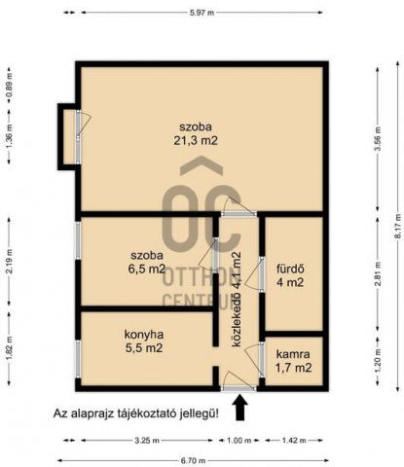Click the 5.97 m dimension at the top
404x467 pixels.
coord(201,11)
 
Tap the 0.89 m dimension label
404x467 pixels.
coord(9,86)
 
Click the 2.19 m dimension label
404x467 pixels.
coord(9,263)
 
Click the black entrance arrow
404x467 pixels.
coord(241,407)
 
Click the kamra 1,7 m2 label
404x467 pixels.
coord(293,361)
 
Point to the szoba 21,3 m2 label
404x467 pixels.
coord(195,133)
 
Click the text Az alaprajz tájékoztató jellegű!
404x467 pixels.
coord(136,413)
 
